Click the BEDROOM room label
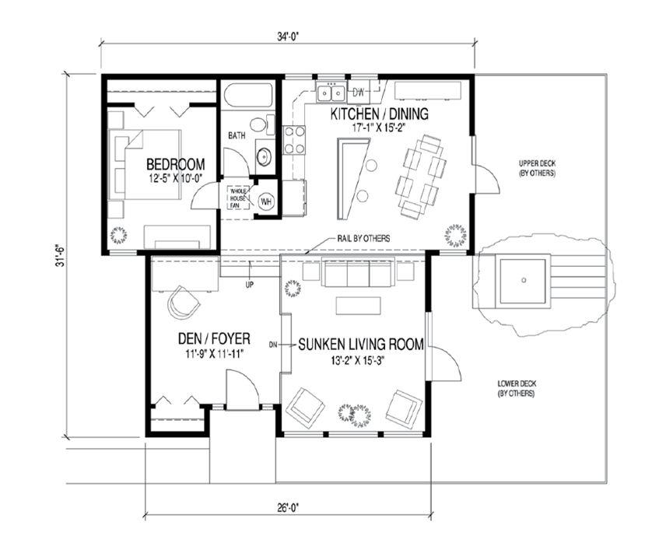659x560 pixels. pos(176,164)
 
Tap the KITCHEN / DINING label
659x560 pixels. pos(379,114)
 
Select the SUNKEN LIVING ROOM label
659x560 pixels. pos(361,345)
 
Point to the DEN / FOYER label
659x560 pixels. pos(214,338)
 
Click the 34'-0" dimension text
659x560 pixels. pos(287,37)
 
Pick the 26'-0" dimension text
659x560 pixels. pos(288,507)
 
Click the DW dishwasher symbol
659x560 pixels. pos(359,93)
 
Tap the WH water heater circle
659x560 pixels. pos(266,201)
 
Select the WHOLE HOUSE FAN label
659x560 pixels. pos(238,198)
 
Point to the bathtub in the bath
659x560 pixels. pos(248,96)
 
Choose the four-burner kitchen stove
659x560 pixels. pos(294,140)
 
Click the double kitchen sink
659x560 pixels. pos(331,93)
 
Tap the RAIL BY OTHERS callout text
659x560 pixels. pos(363,239)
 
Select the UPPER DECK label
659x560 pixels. pos(537,168)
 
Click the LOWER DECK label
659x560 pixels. pos(517,389)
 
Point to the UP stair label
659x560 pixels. pos(250,285)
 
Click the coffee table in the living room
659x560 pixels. pos(359,306)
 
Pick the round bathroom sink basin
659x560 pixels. pos(265,156)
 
